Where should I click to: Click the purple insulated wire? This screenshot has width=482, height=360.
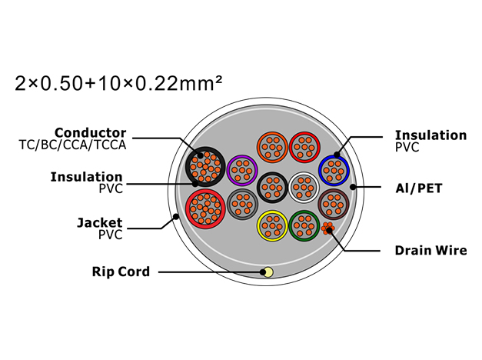[x=242, y=170]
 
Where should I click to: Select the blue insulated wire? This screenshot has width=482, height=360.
[x=334, y=171]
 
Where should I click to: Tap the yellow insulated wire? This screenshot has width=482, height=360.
[x=272, y=226]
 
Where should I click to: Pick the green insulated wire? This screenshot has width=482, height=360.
[x=304, y=226]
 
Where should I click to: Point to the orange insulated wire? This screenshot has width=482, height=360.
[x=272, y=148]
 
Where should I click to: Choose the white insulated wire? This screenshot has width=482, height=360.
[x=304, y=188]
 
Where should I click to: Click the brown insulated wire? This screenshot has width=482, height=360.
[x=334, y=204]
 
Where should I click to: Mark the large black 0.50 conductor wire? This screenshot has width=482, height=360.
[x=205, y=166]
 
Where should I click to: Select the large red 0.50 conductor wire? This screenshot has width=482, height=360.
[x=205, y=208]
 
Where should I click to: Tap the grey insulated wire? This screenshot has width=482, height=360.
[x=242, y=204]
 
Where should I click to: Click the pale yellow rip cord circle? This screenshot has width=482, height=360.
[x=268, y=272]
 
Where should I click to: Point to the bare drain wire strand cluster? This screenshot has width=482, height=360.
[x=327, y=228]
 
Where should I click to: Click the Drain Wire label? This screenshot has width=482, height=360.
[x=430, y=251]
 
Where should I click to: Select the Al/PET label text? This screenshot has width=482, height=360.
[x=419, y=188]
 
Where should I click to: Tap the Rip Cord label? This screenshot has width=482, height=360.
[x=121, y=272]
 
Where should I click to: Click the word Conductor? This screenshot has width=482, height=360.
[x=91, y=133]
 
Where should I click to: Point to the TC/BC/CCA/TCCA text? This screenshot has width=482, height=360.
[x=72, y=145]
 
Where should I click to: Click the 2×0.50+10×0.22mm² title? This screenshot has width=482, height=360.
[x=118, y=83]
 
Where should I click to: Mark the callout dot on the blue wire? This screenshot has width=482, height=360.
[x=337, y=155]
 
